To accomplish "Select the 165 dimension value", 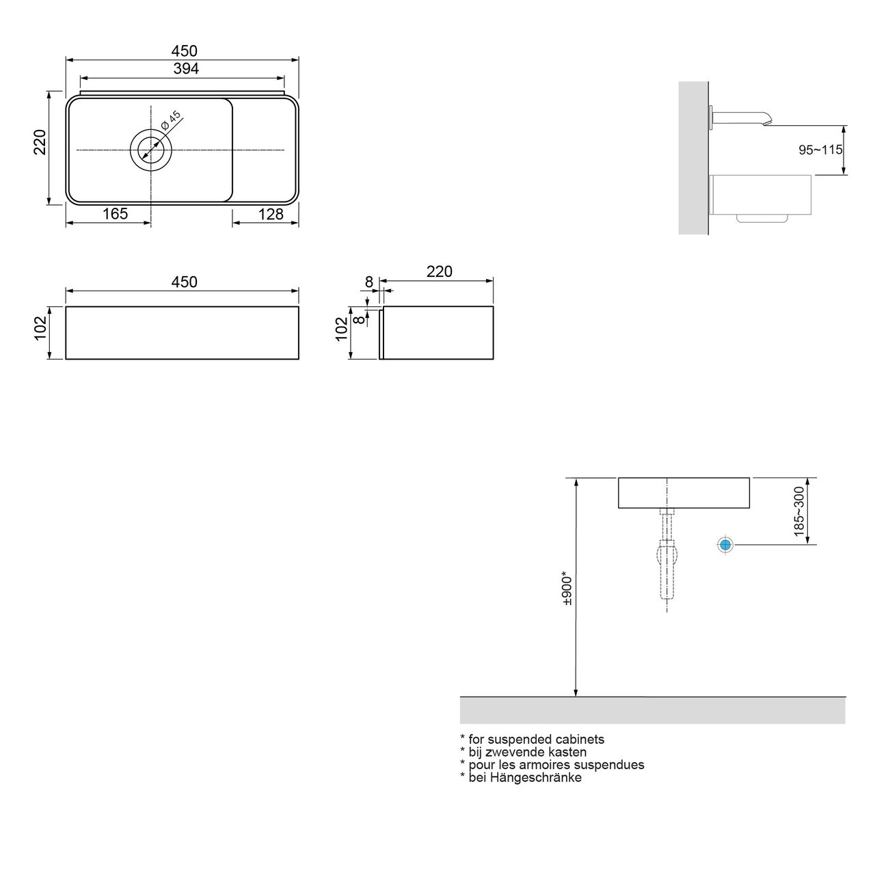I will [115, 214].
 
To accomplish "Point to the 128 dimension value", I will [271, 214].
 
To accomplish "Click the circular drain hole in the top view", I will [150, 148].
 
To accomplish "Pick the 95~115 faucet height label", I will [820, 150].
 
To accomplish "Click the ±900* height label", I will [566, 588].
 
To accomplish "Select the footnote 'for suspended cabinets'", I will [535, 739].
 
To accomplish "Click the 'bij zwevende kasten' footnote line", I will [526, 752].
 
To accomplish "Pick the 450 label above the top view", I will [184, 51].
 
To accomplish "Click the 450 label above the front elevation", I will [184, 282].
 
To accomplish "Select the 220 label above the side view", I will [439, 271].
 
